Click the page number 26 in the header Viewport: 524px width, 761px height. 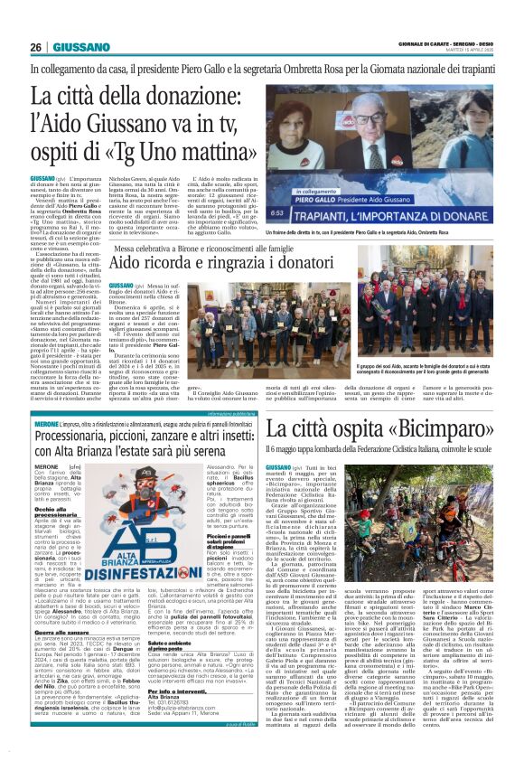36,47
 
